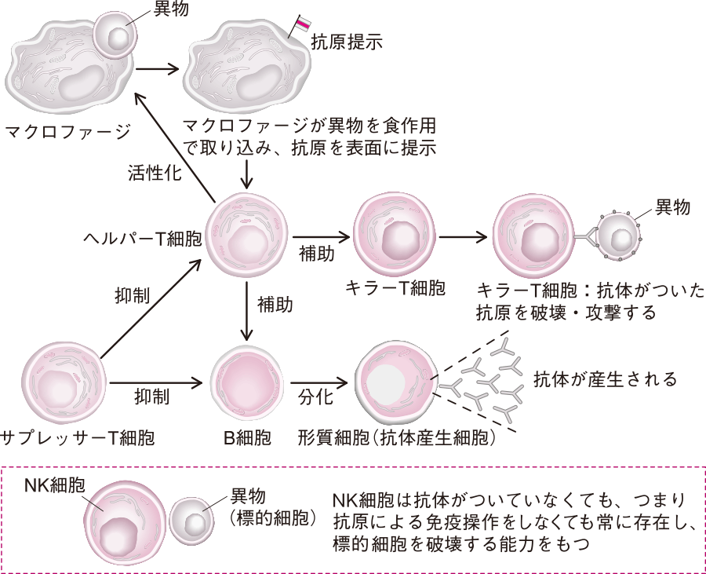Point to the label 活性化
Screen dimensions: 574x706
point(155,173)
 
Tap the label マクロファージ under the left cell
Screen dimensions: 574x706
point(67,130)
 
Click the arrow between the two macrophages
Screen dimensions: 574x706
point(157,68)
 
